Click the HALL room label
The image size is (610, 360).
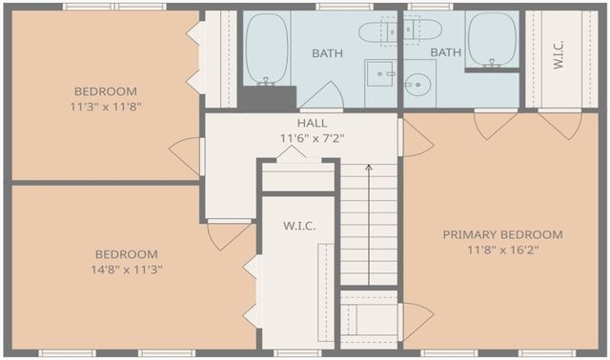point(312,123)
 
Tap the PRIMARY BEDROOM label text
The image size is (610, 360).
point(502,234)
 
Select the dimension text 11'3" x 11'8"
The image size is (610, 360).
point(106,107)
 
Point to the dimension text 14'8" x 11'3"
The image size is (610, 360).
point(127,269)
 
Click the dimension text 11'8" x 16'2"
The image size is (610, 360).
point(503,250)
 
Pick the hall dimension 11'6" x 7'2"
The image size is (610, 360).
point(312,138)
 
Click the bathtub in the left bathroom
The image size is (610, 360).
point(267,49)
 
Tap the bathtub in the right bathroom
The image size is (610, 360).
point(492,40)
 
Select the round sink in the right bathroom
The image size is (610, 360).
point(417,85)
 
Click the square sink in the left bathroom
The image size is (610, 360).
point(380,73)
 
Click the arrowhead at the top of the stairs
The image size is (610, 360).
point(369,168)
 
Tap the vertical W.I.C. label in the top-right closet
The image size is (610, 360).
point(559,55)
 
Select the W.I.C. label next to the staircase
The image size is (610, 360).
point(299,226)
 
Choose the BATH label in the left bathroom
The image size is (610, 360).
point(328,53)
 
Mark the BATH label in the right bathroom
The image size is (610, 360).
point(446,52)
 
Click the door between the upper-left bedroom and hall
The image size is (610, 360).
point(186,156)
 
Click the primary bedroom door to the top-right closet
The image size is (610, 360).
point(560,124)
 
